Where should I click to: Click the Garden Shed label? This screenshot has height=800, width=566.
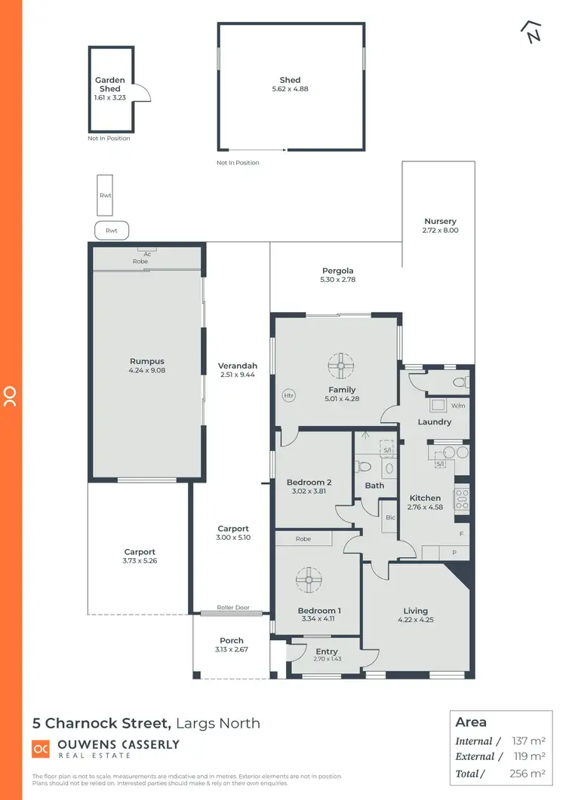pyautogui.click(x=109, y=84)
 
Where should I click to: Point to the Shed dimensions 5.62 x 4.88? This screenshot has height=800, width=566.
pyautogui.click(x=290, y=89)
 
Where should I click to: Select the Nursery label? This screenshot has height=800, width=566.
pyautogui.click(x=441, y=222)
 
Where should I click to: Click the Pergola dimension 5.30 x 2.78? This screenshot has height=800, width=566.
pyautogui.click(x=337, y=280)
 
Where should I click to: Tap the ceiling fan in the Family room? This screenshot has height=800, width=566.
pyautogui.click(x=342, y=366)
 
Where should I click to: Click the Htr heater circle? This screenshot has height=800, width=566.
pyautogui.click(x=288, y=395)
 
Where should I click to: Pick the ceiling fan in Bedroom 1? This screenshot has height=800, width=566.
pyautogui.click(x=309, y=581)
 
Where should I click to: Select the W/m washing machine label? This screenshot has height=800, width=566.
pyautogui.click(x=458, y=405)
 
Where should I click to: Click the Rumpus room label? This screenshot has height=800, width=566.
pyautogui.click(x=146, y=361)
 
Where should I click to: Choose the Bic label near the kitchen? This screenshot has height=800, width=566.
pyautogui.click(x=390, y=518)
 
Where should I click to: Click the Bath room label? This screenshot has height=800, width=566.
pyautogui.click(x=374, y=486)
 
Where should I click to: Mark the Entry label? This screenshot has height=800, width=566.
pyautogui.click(x=327, y=651)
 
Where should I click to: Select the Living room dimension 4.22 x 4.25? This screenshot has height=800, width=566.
pyautogui.click(x=415, y=620)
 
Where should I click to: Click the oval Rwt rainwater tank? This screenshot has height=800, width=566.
pyautogui.click(x=112, y=230)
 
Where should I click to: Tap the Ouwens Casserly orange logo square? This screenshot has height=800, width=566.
pyautogui.click(x=41, y=749)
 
